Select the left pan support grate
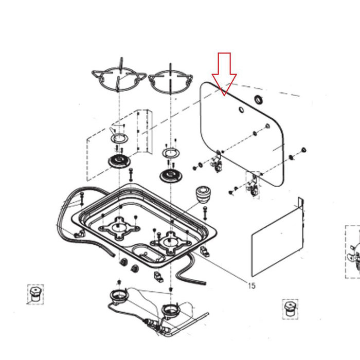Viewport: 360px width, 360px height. point(119,80)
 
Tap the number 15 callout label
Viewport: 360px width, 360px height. point(251,286)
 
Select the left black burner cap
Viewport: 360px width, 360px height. point(119,162)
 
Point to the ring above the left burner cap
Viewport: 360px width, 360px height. point(119,139)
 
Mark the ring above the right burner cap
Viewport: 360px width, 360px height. point(170,153)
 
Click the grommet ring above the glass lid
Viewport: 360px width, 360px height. point(259,99)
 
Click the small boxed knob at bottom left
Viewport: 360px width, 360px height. point(35,295)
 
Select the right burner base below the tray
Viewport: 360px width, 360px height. point(170,310)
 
